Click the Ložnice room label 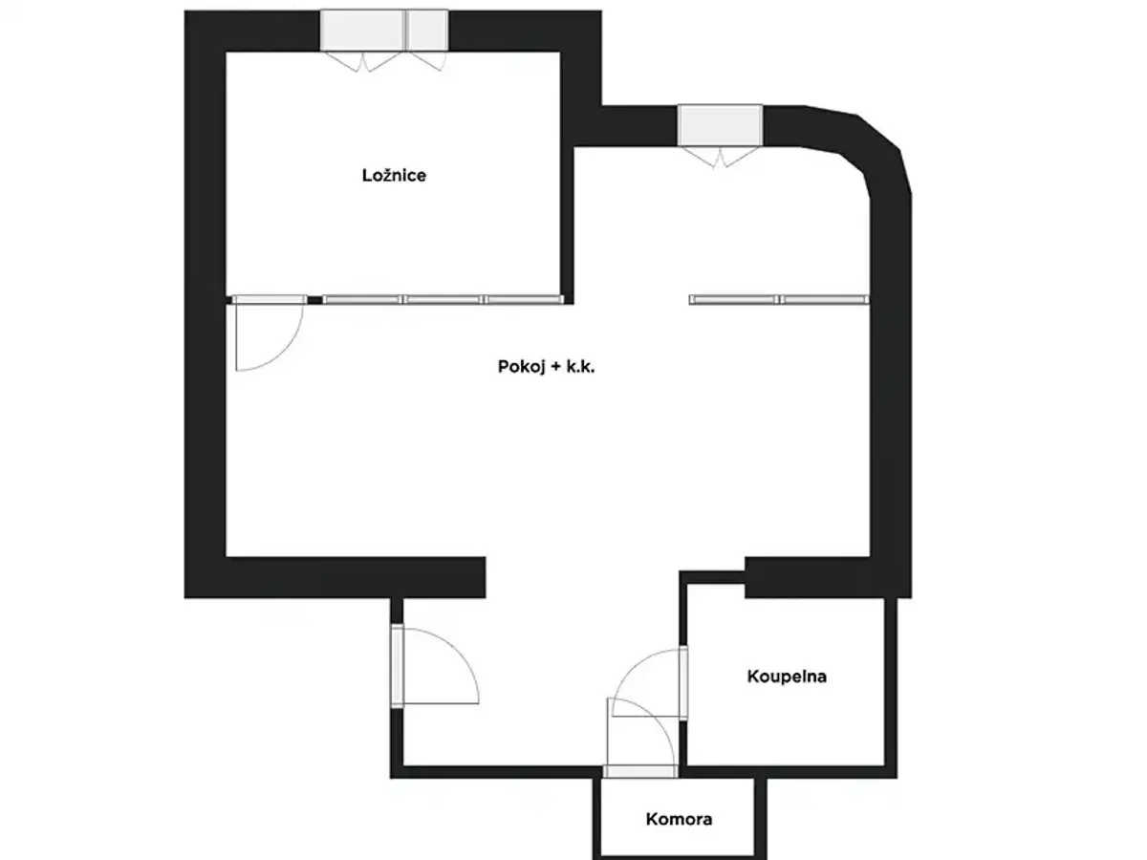coord(394,175)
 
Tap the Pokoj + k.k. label coord(546,367)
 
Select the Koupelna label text coord(787,677)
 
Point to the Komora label coord(679,819)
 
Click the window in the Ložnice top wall coord(384,31)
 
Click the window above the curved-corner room coord(720,125)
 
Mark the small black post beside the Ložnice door coord(314,300)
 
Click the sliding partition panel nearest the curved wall coord(825,300)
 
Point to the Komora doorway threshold coord(640,771)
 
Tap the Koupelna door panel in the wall coord(683,683)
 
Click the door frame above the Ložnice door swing coord(270,299)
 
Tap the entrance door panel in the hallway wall coord(397,666)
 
